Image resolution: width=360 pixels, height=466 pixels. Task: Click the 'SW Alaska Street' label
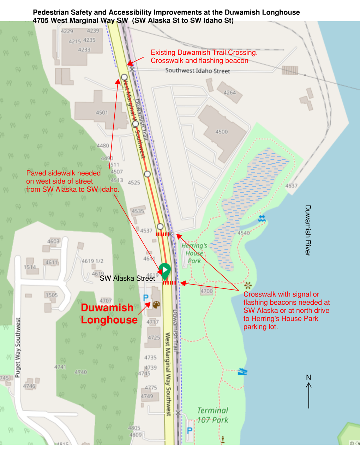click(127, 278)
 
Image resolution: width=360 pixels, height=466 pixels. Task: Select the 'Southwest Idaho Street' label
click(197, 71)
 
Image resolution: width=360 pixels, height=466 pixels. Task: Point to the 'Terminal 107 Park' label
click(212, 415)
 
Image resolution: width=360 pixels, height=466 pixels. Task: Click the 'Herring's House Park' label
click(194, 253)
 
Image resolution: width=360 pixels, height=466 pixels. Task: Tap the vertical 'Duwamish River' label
click(308, 231)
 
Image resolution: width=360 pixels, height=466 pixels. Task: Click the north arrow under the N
click(308, 395)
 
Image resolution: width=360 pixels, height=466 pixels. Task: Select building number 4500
click(222, 132)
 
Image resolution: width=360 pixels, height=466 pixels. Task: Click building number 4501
click(102, 113)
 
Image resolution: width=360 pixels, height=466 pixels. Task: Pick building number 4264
click(229, 92)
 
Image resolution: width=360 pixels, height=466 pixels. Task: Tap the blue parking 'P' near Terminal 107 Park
click(190, 430)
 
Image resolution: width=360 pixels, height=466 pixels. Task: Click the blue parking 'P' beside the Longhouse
click(146, 298)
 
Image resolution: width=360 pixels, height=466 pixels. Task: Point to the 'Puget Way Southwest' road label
click(18, 348)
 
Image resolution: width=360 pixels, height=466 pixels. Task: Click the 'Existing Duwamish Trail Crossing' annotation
click(204, 56)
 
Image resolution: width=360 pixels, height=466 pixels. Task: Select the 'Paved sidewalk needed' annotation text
click(72, 181)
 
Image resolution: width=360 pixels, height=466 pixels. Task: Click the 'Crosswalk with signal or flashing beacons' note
click(286, 310)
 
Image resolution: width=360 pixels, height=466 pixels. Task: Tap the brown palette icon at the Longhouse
click(156, 304)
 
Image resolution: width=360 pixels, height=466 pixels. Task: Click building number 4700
click(207, 291)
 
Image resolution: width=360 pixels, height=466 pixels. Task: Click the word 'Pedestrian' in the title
click(50, 12)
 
